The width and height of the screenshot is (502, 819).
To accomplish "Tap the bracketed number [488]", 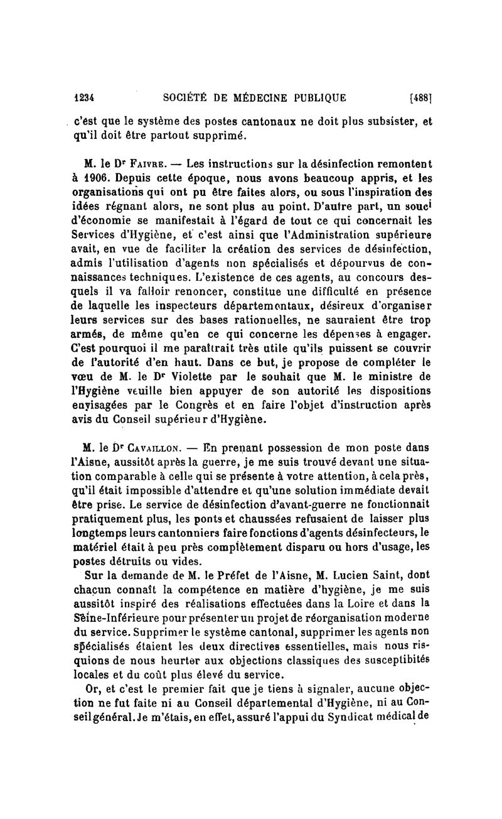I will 421,97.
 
